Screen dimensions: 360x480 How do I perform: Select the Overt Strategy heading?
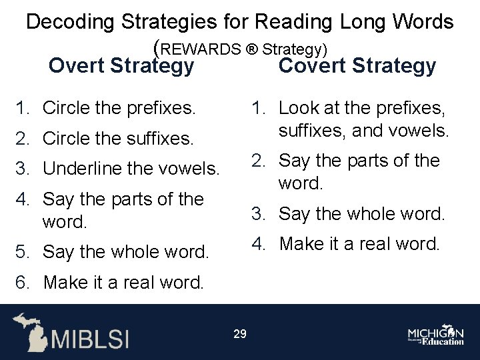click(x=122, y=66)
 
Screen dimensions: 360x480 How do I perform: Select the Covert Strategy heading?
click(x=357, y=66)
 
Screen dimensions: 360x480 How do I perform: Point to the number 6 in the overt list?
click(x=20, y=282)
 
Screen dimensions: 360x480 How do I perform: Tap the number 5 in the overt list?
click(x=20, y=252)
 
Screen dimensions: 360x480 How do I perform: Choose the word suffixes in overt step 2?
click(x=157, y=139)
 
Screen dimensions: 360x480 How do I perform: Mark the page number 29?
click(x=240, y=334)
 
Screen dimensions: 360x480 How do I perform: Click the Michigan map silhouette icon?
click(x=29, y=331)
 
